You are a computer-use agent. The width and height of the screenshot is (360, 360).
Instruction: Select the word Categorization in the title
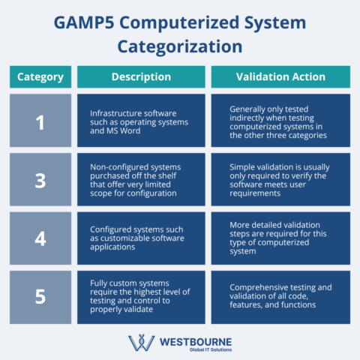pyautogui.click(x=179, y=46)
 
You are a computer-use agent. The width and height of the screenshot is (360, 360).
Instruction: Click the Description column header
pyautogui.click(x=141, y=76)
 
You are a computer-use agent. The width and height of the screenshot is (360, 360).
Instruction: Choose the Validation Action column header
pyautogui.click(x=280, y=76)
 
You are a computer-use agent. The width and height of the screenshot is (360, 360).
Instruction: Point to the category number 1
pyautogui.click(x=40, y=121)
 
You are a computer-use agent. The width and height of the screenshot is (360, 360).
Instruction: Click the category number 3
pyautogui.click(x=40, y=180)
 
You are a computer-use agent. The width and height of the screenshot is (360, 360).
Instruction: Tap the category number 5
pyautogui.click(x=40, y=296)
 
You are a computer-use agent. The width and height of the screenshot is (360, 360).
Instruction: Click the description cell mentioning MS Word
pyautogui.click(x=141, y=121)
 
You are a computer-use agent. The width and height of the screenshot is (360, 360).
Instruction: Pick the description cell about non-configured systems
pyautogui.click(x=141, y=180)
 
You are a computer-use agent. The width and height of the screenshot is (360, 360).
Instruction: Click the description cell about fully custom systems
pyautogui.click(x=141, y=296)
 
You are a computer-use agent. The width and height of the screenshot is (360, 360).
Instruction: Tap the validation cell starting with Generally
pyautogui.click(x=280, y=121)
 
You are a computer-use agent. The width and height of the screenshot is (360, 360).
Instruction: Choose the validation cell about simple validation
pyautogui.click(x=280, y=180)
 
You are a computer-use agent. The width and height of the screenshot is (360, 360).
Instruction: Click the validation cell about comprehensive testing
pyautogui.click(x=280, y=296)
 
